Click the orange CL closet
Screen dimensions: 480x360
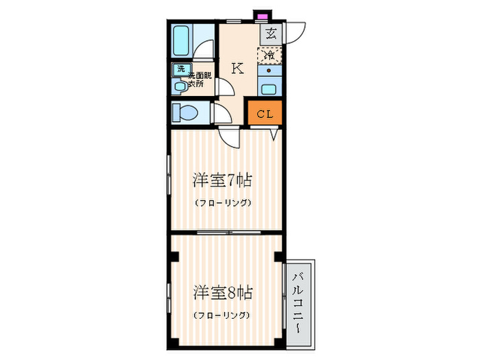coord(265,112)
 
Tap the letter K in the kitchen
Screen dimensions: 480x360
coord(237,69)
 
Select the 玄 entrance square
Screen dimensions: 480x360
coord(271,34)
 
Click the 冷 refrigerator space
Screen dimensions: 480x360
coord(269,56)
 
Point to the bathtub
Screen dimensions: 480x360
coord(181,40)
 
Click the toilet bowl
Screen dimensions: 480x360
coord(187,112)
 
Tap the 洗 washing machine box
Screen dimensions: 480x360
coord(182,69)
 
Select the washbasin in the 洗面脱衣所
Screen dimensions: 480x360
coord(180,86)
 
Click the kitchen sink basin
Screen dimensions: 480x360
coord(269,89)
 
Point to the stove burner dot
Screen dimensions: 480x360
coord(269,71)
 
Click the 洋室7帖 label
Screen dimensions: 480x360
coord(223,180)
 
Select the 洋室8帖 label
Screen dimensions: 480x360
coord(223,293)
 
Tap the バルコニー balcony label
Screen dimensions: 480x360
coord(298,303)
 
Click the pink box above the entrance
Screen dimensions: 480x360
coord(261,16)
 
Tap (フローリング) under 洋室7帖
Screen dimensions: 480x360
coord(223,202)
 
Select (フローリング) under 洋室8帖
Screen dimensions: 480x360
coord(221,315)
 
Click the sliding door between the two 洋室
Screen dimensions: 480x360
coord(228,232)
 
